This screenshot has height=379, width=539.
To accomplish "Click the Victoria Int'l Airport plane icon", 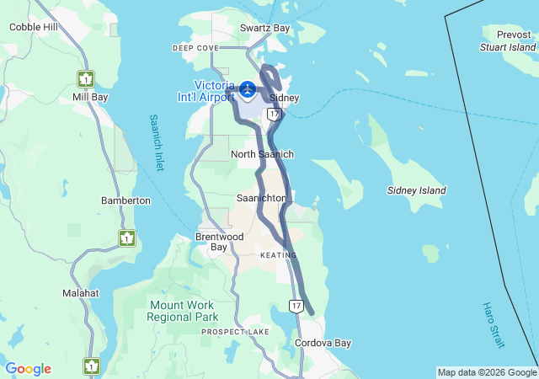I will [x=248, y=88].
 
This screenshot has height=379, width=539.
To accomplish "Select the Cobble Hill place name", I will [x=34, y=27].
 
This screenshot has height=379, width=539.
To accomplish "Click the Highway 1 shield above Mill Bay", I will [x=86, y=79].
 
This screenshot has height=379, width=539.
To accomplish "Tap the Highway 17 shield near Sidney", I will [x=273, y=112].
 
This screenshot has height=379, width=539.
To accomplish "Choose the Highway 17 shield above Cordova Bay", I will [x=296, y=305].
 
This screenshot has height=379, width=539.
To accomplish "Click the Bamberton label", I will [x=125, y=200].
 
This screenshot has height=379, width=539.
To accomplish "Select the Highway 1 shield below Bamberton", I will [x=126, y=238].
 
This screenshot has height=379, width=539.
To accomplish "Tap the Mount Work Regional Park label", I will [x=183, y=311].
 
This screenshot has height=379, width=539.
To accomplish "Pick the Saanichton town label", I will [x=261, y=198].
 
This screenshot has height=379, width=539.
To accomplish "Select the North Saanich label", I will [x=262, y=154].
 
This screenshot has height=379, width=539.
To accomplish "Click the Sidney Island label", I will [x=416, y=191].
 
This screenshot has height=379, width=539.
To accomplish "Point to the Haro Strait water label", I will [x=494, y=326].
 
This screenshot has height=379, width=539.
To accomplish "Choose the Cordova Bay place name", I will [x=323, y=344].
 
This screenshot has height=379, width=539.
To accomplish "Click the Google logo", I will [x=28, y=369].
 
